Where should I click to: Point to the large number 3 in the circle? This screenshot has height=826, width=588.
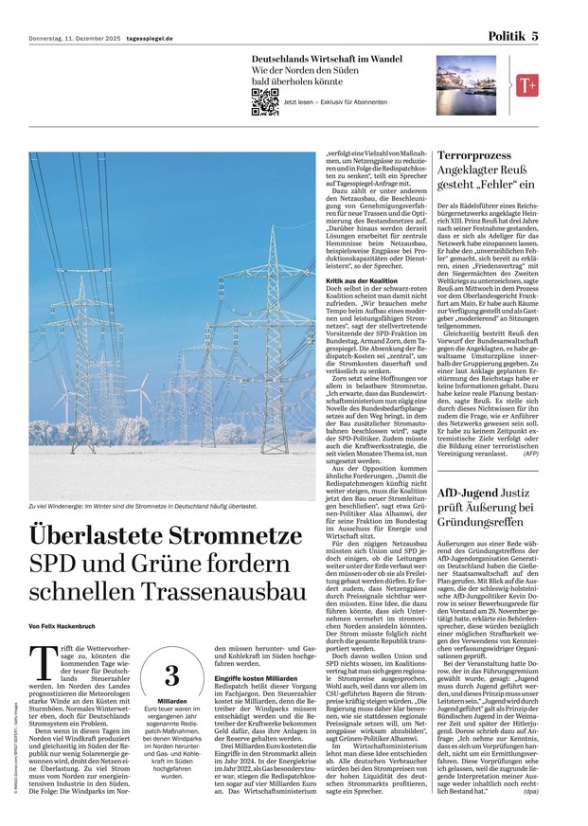[x=171, y=674]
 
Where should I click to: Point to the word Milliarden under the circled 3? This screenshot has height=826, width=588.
[x=171, y=700]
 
